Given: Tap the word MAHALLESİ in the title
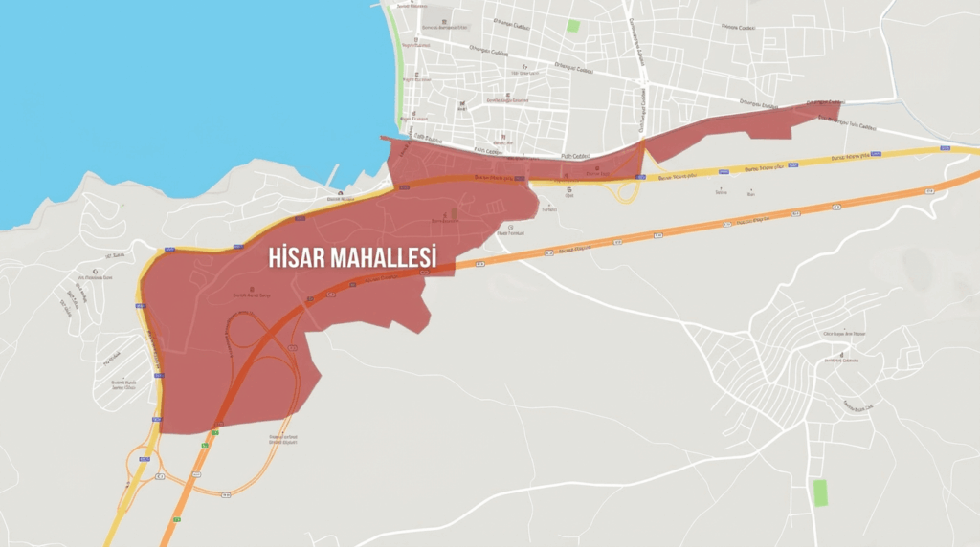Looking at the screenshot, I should click(384, 258).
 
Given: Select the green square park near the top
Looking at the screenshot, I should click(572, 26).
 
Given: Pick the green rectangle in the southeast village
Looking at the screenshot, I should click(819, 493).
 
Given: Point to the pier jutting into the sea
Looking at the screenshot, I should click(333, 175).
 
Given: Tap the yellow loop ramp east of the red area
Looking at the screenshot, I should click(627, 190).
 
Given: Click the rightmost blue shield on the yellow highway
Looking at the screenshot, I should click(945, 148).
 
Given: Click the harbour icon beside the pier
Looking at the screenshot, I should click(342, 194).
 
